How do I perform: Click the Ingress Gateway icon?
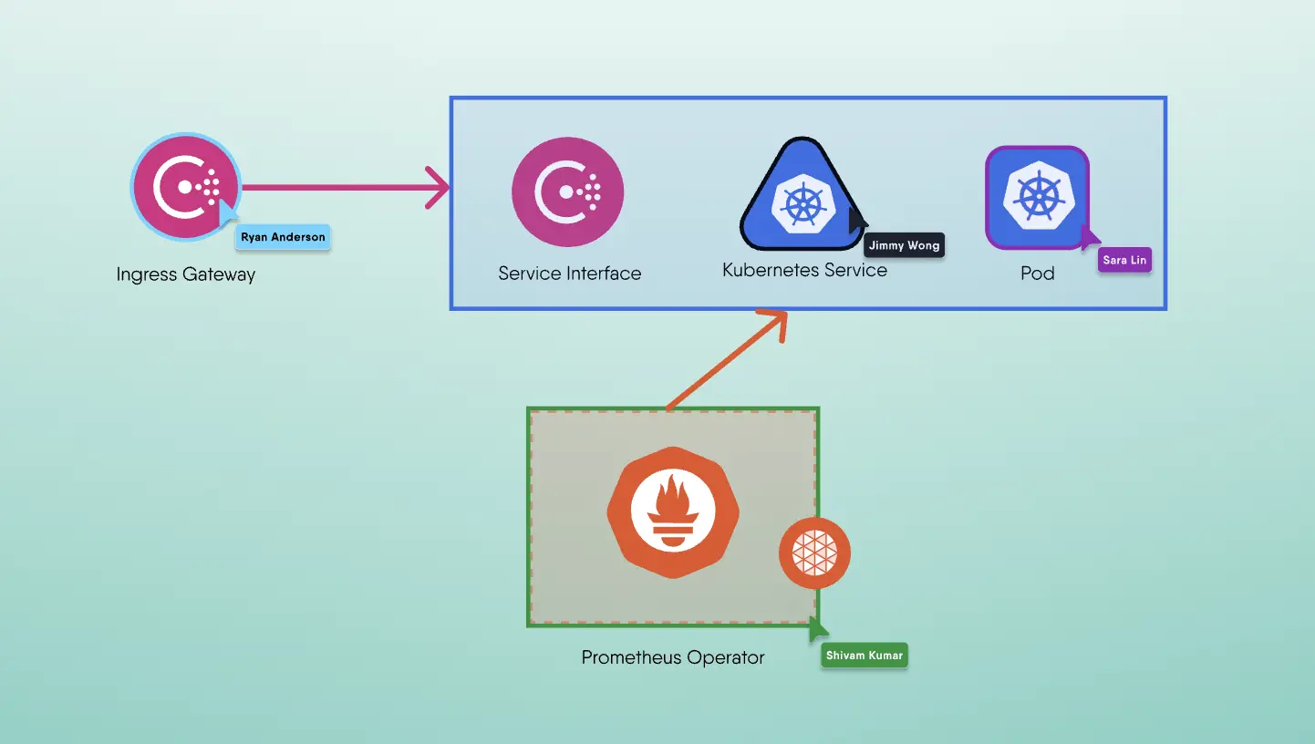tap(185, 188)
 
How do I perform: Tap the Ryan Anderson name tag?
tap(283, 237)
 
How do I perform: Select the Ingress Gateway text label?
tap(186, 274)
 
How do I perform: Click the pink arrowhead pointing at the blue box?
tap(440, 188)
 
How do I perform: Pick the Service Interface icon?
tap(567, 191)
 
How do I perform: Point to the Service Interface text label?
tap(569, 274)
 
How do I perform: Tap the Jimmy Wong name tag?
tap(904, 245)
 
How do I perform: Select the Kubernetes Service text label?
tap(804, 271)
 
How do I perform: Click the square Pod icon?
tap(1037, 197)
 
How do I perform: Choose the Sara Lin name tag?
tap(1124, 260)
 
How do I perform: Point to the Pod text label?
tap(1038, 274)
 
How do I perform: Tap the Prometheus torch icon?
tap(673, 512)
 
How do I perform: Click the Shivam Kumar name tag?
tap(864, 656)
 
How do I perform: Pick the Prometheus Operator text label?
tap(673, 657)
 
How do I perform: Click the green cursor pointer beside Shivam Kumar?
tap(817, 628)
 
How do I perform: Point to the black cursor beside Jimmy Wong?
tap(856, 222)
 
